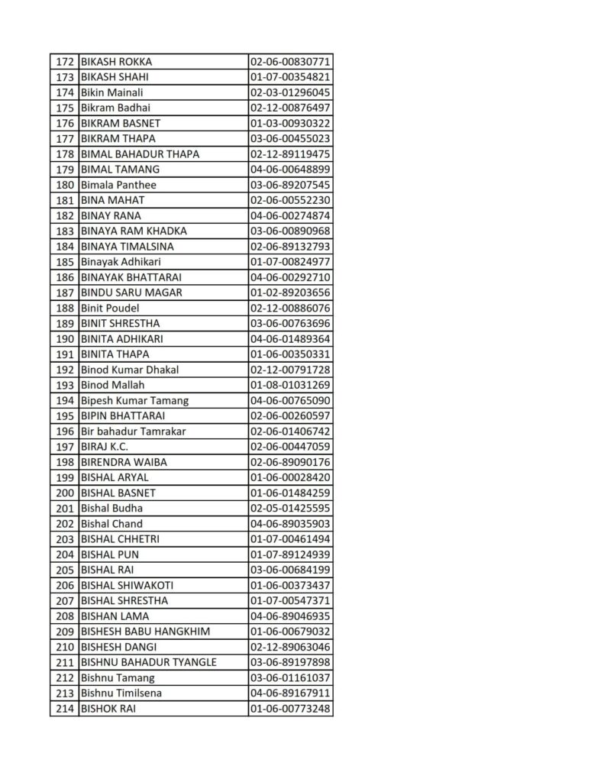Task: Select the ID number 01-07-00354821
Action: pos(290,77)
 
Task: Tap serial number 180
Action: pos(65,185)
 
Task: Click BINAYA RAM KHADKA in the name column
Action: pos(134,231)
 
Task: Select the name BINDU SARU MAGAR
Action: pos(131,292)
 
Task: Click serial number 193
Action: pos(65,385)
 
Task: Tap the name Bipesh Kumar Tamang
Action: pos(134,400)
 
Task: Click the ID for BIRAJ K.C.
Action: pos(290,447)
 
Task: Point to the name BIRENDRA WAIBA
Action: pos(124,462)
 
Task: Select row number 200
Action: pos(65,493)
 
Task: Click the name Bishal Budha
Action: pos(111,508)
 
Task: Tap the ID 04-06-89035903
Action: pos(290,524)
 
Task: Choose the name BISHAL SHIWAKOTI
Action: pos(127,585)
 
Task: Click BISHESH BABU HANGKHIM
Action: pos(145,632)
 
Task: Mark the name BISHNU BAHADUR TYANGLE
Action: pos(148,662)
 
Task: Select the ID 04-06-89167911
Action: pos(290,693)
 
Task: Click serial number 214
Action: pos(65,709)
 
